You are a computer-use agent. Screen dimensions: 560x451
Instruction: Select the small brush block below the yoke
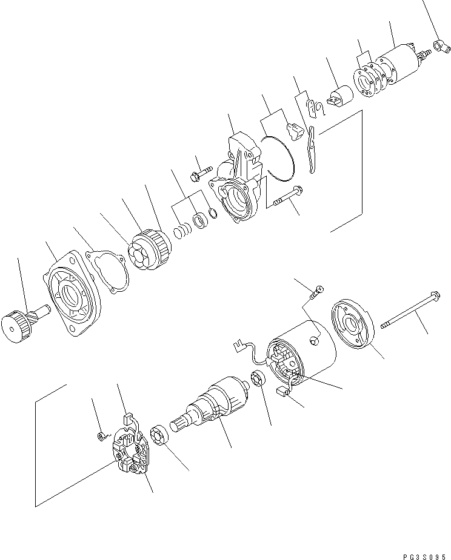pyautogui.click(x=282, y=394)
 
